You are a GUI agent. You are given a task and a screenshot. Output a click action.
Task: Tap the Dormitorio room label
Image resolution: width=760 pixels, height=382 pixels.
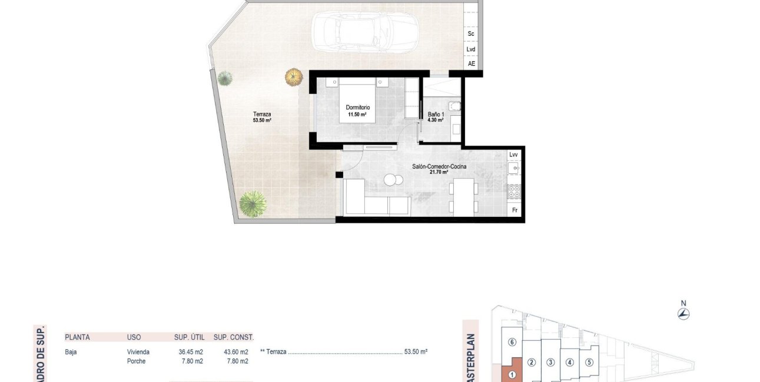(x=357, y=108)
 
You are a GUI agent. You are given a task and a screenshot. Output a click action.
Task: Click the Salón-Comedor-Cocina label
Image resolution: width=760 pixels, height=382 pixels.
(x=439, y=167)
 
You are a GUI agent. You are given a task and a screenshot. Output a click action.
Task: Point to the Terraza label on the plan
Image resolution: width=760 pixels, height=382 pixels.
(x=262, y=115)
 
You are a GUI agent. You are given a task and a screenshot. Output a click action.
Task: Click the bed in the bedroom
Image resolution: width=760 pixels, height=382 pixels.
(x=357, y=101)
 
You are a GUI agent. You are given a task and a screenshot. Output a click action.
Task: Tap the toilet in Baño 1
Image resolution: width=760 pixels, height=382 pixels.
(x=454, y=106)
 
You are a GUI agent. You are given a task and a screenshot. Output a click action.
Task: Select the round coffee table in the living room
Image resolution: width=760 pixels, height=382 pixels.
(x=391, y=179)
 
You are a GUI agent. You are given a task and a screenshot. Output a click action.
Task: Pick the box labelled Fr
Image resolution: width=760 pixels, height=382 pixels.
(x=515, y=210)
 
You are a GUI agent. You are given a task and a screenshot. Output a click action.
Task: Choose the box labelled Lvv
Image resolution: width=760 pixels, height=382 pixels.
(x=514, y=155)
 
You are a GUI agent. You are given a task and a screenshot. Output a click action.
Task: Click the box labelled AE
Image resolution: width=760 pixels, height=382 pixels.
(x=472, y=63)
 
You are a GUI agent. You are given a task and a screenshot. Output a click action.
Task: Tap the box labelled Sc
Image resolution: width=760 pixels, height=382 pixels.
(x=471, y=34)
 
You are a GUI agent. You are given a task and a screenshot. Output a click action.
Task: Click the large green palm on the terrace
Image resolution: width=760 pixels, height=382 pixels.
(x=253, y=204)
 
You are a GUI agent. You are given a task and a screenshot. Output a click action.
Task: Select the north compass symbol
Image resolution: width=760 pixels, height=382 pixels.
(x=683, y=313)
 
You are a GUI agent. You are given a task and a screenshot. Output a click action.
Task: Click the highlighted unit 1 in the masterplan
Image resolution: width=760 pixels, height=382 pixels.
(x=512, y=373)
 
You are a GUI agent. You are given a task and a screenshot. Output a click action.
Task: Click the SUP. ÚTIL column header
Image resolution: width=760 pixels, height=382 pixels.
(x=190, y=337)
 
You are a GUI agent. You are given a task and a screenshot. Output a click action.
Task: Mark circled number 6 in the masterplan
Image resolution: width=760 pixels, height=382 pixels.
(x=512, y=342)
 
